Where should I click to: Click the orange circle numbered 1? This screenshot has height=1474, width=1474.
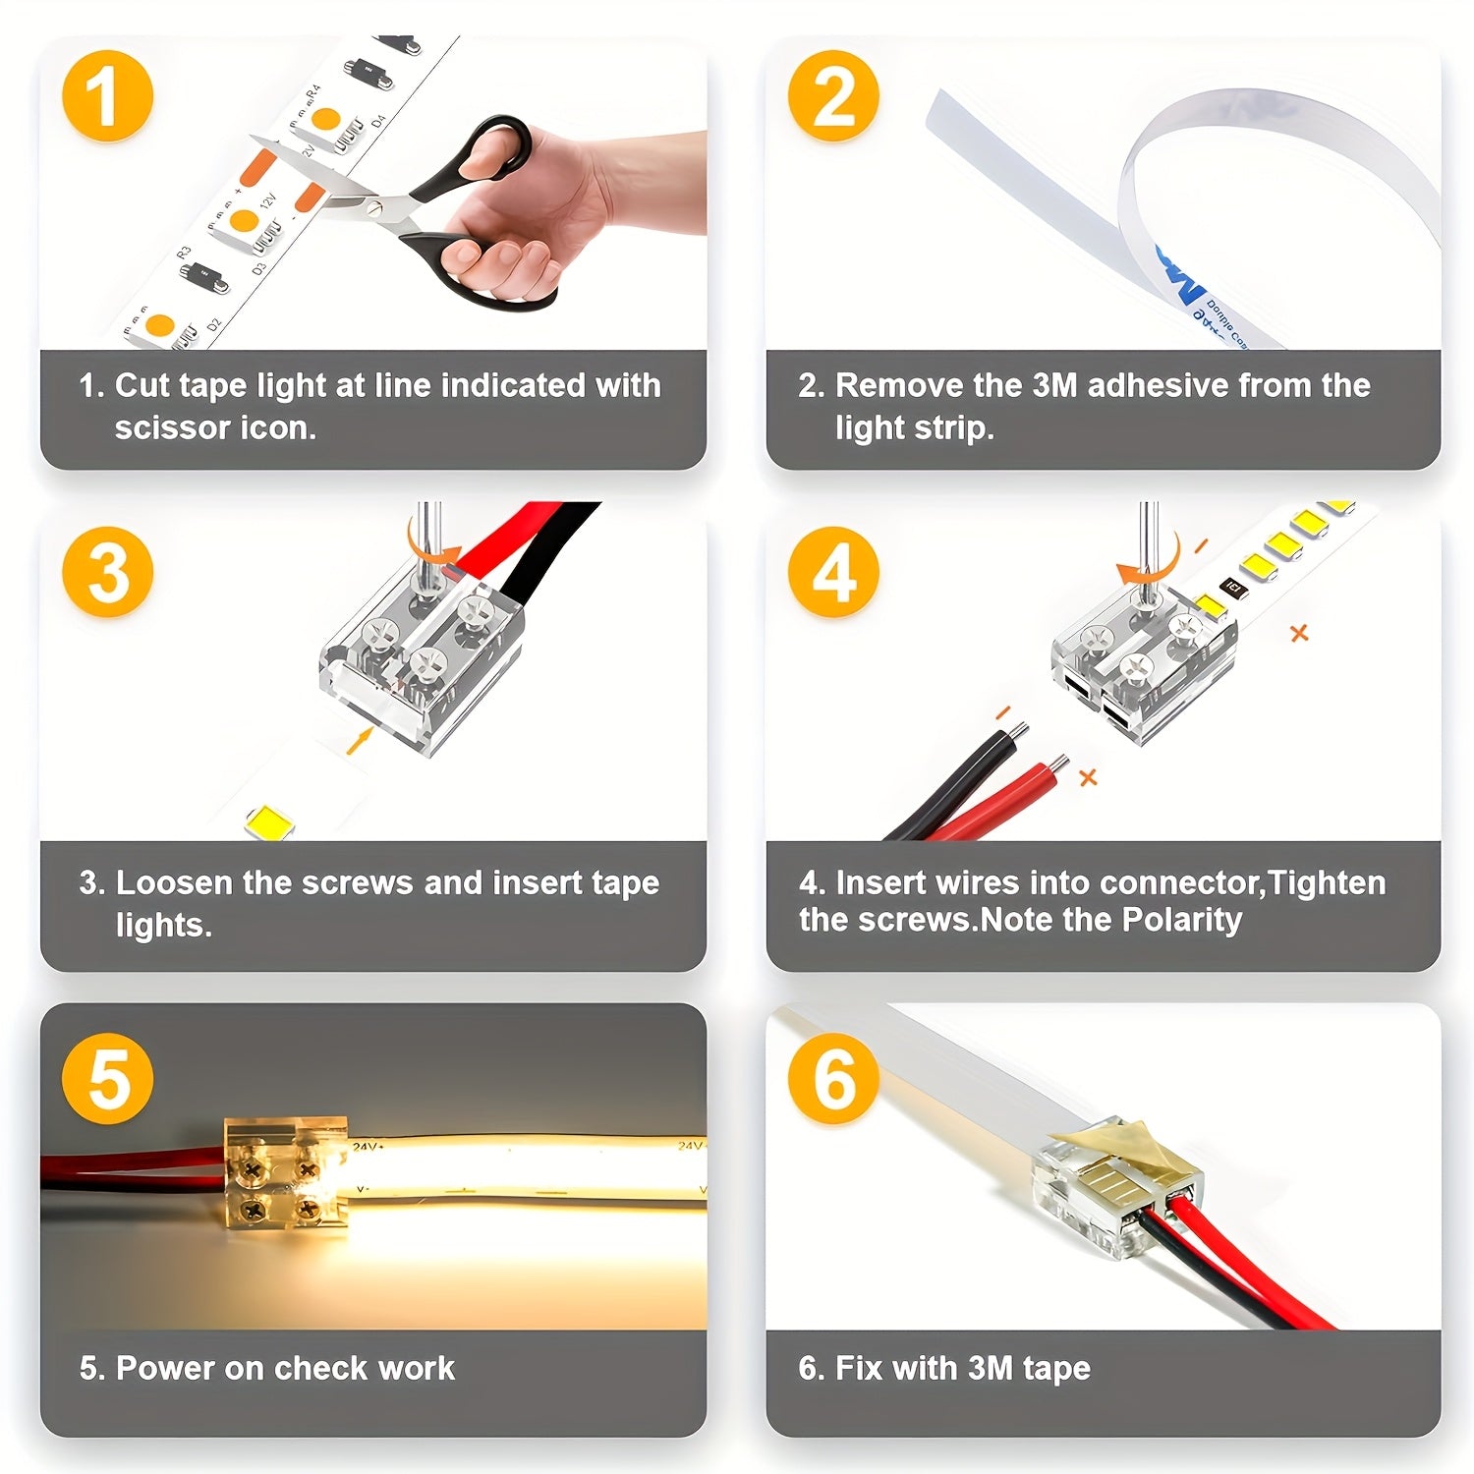point(107,96)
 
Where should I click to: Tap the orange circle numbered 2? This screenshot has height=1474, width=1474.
point(833,96)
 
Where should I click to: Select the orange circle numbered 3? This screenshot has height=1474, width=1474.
point(107,572)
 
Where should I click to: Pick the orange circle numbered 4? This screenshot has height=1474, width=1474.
point(833,572)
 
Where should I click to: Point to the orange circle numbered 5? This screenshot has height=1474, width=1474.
point(107,1078)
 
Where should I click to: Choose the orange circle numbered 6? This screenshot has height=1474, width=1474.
point(833,1078)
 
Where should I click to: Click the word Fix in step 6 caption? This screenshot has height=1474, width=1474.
point(857,1368)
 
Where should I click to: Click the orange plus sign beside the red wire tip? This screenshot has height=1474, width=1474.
point(1088,777)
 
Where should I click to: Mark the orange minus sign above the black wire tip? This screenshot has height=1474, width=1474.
point(1003,712)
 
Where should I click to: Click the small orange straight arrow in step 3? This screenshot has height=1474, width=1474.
point(360,740)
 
